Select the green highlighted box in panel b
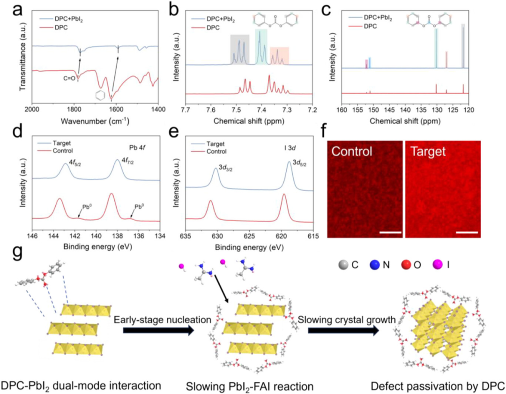point(261,46)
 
